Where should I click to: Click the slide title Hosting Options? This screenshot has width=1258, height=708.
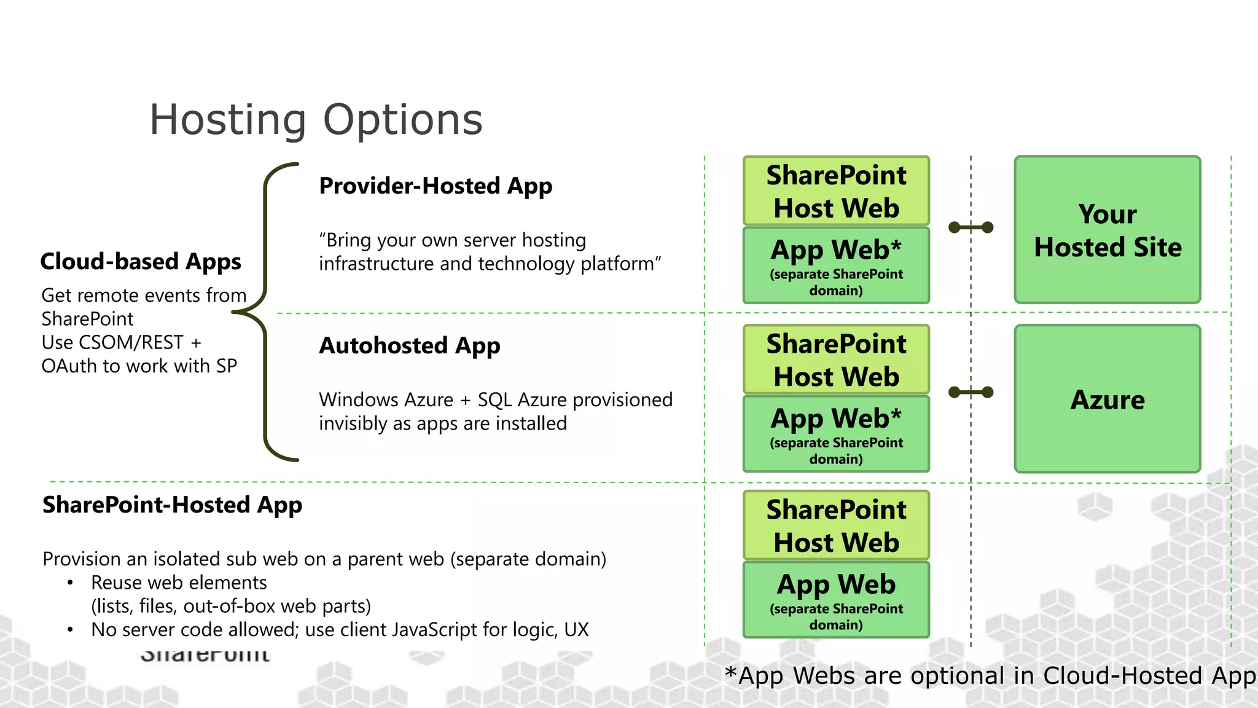tap(316, 120)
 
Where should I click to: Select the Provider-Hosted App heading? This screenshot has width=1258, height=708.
tap(435, 186)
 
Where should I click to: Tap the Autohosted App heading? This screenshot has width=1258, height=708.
tap(409, 346)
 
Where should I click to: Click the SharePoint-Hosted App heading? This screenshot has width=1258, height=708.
tap(172, 505)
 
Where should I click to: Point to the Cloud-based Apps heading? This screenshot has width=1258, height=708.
tap(140, 262)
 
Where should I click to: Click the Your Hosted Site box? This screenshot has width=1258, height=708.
tap(1107, 230)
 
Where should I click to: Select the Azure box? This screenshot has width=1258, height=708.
tap(1107, 399)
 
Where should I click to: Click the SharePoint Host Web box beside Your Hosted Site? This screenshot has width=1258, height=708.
tap(835, 191)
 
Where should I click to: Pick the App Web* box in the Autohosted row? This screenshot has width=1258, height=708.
tap(835, 434)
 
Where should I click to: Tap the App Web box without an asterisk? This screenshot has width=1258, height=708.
tap(835, 600)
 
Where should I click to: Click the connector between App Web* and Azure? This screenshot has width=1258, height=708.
tap(971, 392)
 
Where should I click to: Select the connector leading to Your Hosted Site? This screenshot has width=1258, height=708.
tap(971, 227)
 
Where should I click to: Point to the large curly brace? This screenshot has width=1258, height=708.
tap(265, 312)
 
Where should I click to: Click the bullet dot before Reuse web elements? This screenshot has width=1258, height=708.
tap(71, 582)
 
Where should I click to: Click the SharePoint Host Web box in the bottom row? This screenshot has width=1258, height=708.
tap(835, 525)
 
